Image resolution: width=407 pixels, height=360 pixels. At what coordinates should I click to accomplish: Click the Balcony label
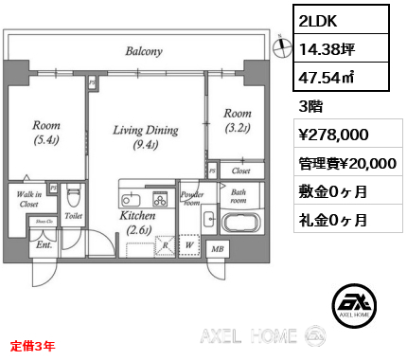tap(144, 51)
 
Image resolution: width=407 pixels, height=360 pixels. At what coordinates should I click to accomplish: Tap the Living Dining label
tap(146, 136)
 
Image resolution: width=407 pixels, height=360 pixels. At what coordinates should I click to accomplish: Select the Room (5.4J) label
tap(45, 132)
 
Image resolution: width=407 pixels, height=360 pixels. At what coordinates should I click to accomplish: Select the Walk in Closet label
tap(27, 198)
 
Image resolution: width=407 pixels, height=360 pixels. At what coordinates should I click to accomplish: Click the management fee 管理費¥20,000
tap(347, 163)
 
